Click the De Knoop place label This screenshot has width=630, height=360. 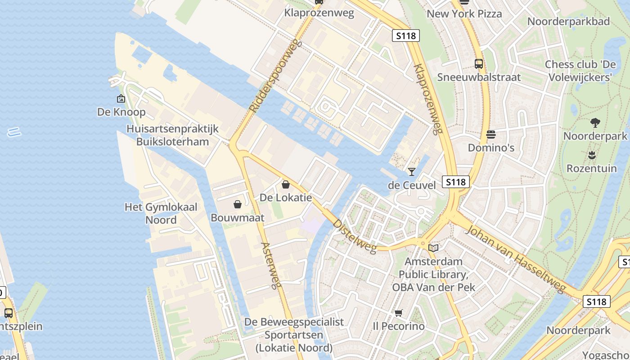(x=121, y=112)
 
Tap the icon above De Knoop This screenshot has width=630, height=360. (x=121, y=99)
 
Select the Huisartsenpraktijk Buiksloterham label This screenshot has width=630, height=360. (x=173, y=135)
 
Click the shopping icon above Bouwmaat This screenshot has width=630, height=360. (x=238, y=205)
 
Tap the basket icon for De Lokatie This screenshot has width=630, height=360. (x=285, y=184)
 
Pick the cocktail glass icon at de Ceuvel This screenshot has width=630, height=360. (x=411, y=171)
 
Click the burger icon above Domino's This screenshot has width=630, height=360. (x=490, y=135)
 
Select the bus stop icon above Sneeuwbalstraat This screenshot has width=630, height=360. (x=479, y=64)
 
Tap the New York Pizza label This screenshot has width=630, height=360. (x=464, y=13)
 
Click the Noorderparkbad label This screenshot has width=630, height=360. (x=568, y=21)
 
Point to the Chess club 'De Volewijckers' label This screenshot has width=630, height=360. (x=580, y=71)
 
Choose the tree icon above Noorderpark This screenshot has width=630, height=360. (x=595, y=122)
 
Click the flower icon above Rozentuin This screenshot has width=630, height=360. (x=592, y=156)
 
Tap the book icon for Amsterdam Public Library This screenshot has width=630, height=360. (x=433, y=248)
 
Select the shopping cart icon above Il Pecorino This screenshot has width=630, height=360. (x=398, y=313)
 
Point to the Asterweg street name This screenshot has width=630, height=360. (x=271, y=265)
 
